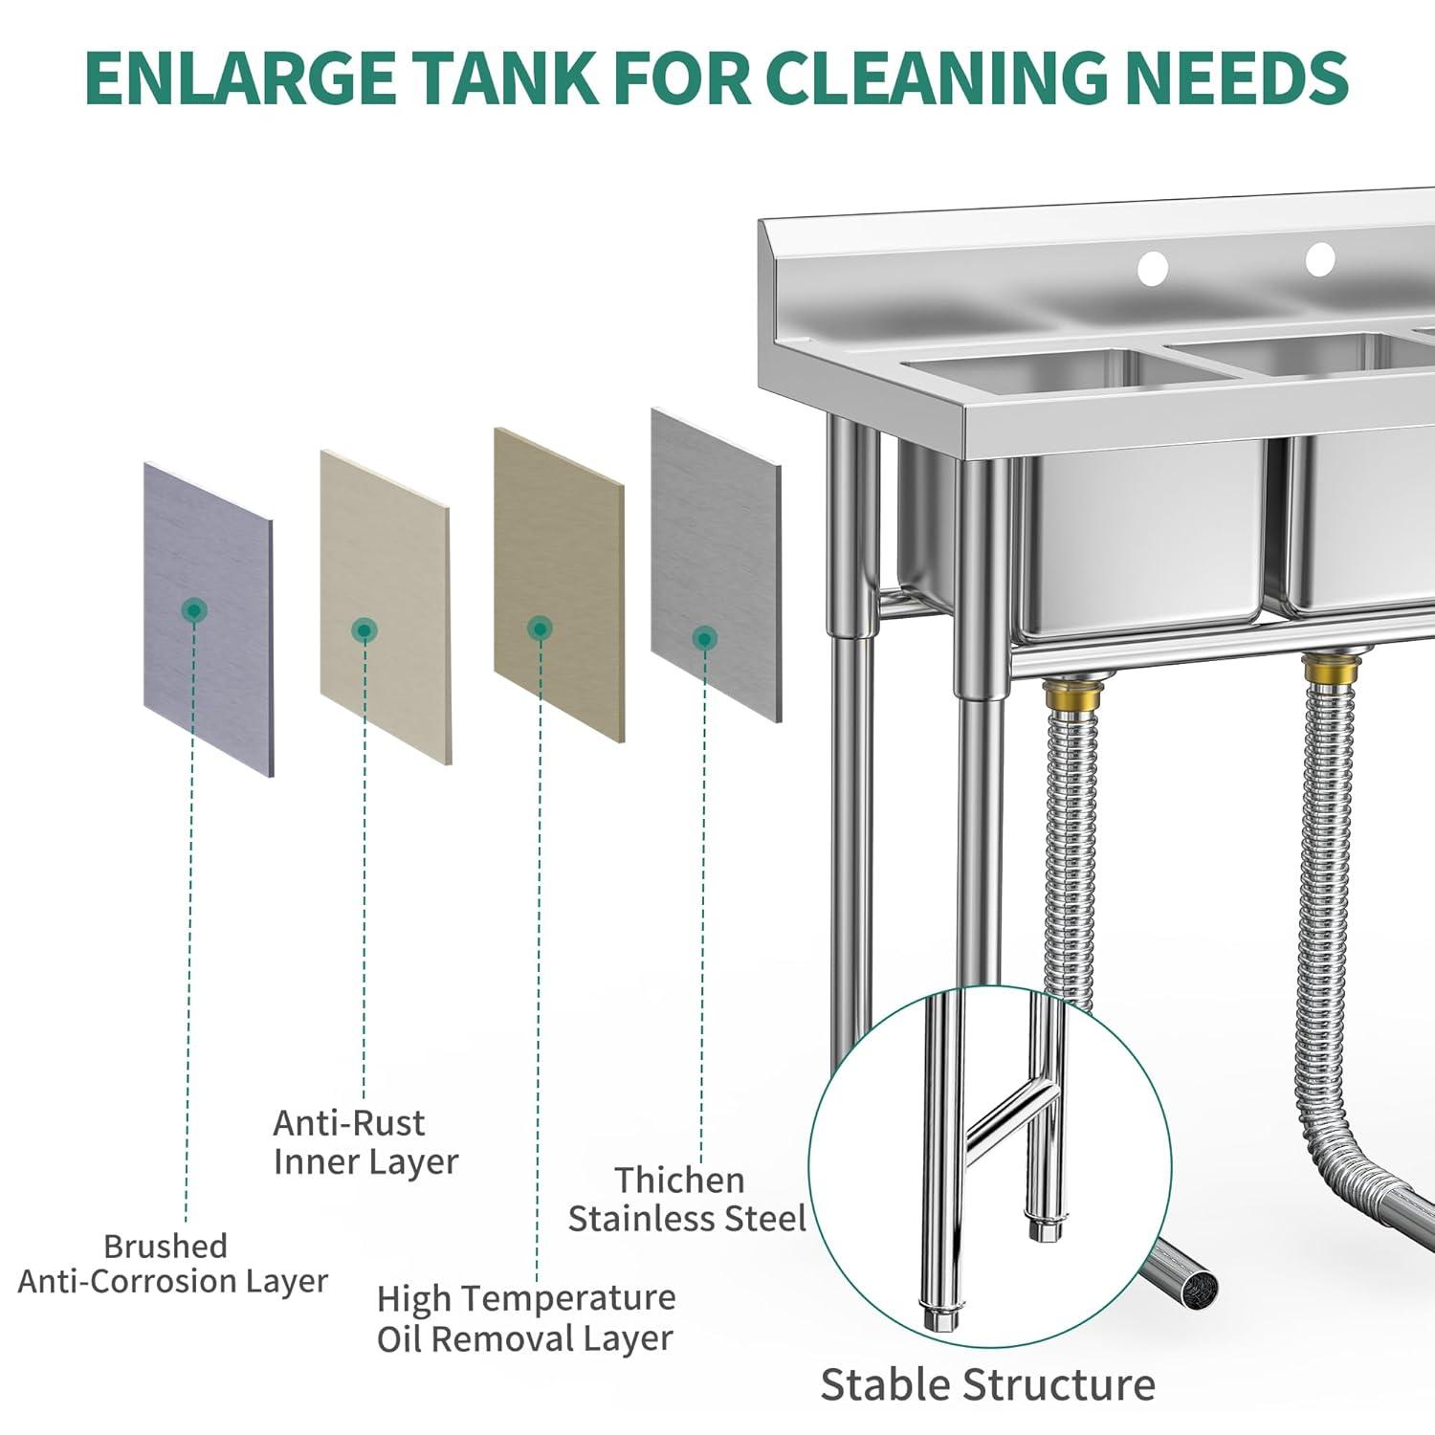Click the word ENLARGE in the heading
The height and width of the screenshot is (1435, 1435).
[x=239, y=77]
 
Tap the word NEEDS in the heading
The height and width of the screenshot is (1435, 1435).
[x=1237, y=77]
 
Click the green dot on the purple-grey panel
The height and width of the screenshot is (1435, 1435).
[x=195, y=609]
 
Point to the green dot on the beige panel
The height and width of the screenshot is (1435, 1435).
[x=364, y=629]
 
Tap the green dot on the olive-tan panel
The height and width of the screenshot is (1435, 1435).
[x=541, y=629]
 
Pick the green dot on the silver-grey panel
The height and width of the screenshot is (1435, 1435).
[x=704, y=638]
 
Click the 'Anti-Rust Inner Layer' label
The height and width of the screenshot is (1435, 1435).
[x=365, y=1142]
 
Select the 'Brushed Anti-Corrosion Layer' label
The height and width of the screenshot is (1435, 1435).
[x=172, y=1264]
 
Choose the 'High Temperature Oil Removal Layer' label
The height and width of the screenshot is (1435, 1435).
[x=526, y=1318]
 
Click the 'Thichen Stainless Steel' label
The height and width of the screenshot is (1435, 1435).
[x=687, y=1200]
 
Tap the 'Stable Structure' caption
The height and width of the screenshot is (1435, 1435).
[x=987, y=1384]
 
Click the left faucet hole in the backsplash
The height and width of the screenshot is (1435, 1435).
[x=1153, y=268]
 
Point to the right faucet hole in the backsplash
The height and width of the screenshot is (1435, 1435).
[x=1320, y=258]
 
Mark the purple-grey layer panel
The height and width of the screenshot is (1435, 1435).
[x=209, y=620]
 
